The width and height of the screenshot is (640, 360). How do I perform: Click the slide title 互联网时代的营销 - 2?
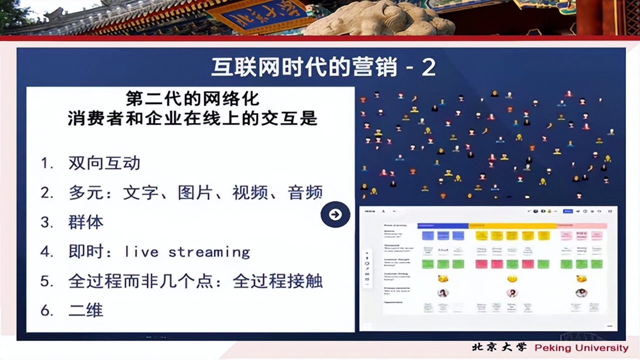pos(323,67)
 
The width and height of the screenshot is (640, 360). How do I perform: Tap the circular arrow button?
pos(335,214)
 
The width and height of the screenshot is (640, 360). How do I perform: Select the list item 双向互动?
pos(104,163)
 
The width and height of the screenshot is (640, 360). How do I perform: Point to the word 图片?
pos(191,192)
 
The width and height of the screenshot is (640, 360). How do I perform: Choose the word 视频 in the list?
pos(246,192)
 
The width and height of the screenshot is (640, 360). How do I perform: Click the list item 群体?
pos(85,222)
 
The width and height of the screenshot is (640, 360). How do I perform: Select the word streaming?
pos(209,251)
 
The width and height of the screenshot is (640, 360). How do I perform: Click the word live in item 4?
pos(141,251)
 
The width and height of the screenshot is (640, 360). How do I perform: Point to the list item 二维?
pos(85,310)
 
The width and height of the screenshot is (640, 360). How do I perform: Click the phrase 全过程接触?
pos(277,281)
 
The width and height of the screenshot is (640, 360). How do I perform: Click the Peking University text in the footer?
pos(581,348)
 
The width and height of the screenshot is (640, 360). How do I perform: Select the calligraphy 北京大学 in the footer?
pos(499,347)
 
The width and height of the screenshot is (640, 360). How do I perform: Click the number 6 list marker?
pos(46,310)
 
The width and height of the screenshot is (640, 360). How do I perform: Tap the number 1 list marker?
pos(46,163)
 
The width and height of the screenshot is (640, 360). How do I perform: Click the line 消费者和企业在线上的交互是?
pos(192,119)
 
